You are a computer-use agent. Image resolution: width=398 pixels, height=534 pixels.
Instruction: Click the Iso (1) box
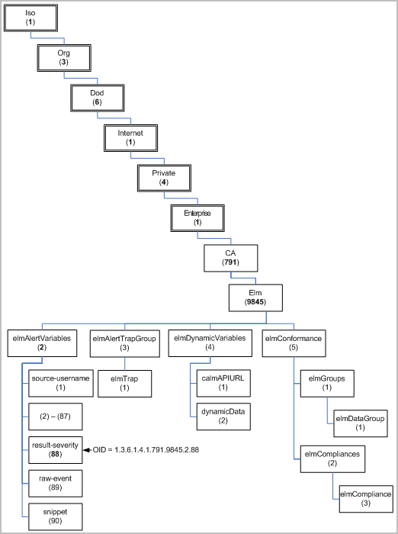30,19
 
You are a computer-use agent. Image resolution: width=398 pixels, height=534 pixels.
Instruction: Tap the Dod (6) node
97,98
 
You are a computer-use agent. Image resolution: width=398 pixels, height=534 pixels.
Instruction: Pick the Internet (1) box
130,138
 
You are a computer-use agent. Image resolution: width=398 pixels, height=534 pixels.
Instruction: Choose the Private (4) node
163,178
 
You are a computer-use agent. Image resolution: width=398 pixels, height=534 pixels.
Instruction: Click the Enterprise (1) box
197,218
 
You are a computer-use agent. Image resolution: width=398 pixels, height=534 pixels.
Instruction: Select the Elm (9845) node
255,298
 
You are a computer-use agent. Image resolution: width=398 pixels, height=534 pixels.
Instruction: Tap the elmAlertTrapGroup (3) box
123,343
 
